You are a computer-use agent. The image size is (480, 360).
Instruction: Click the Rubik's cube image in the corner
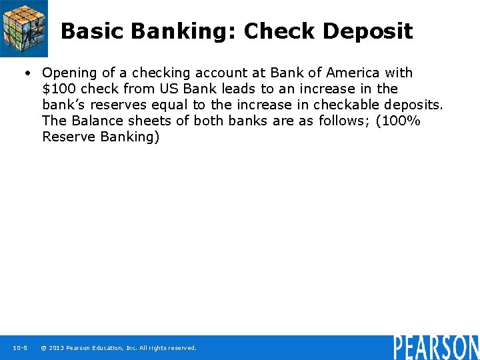(24, 29)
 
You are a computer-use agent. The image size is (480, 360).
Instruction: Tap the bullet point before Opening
(29, 73)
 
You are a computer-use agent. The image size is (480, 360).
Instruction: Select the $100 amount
(59, 89)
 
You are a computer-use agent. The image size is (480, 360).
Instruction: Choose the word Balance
(95, 121)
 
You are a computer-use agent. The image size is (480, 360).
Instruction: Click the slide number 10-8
(19, 348)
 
